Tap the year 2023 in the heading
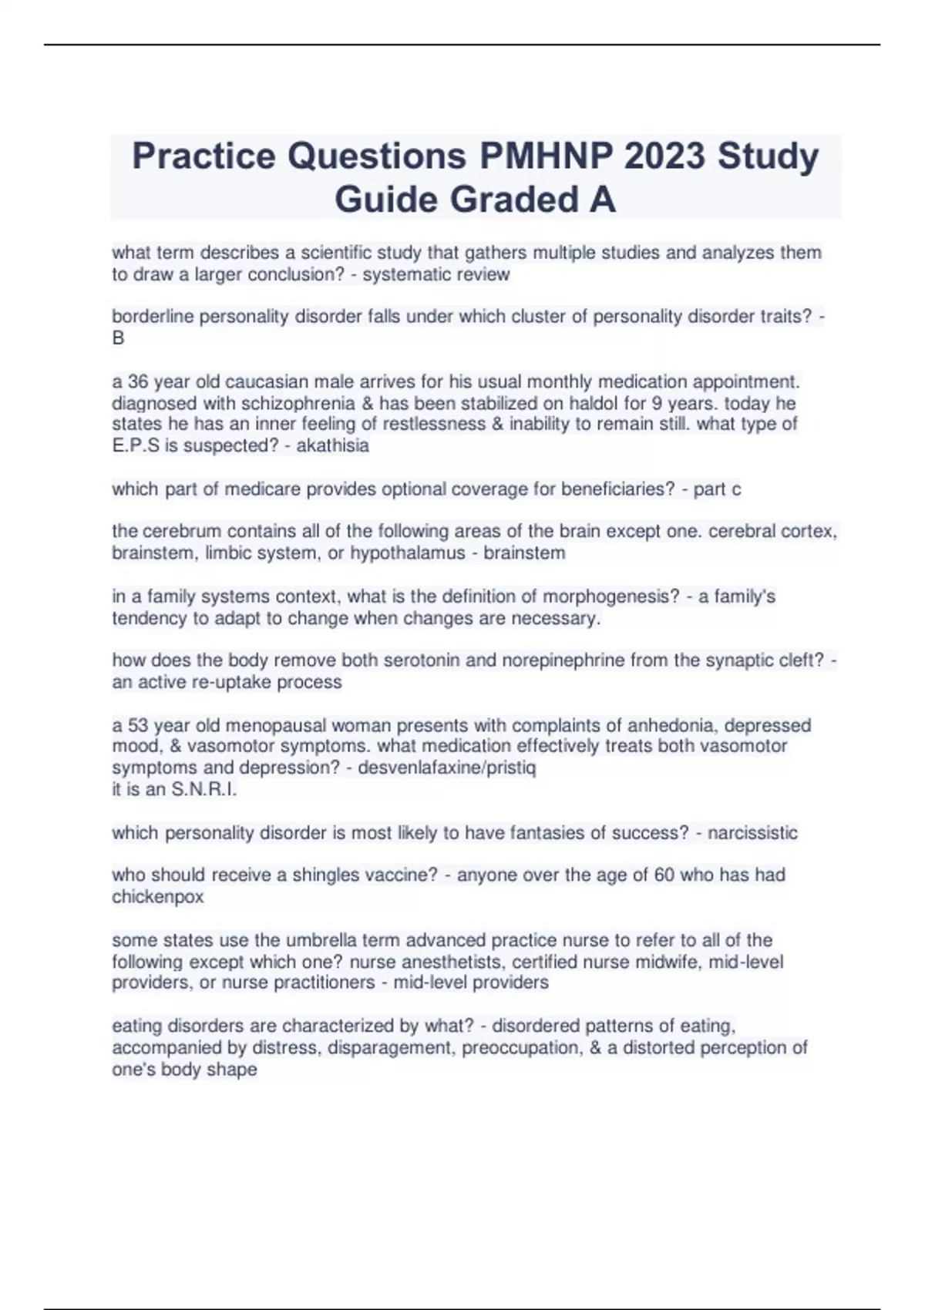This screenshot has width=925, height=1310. [664, 156]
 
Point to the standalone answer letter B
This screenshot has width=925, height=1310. [118, 338]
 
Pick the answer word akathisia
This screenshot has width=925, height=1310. [333, 445]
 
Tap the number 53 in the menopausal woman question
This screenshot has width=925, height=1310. [138, 726]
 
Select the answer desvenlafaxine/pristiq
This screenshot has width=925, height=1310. [447, 768]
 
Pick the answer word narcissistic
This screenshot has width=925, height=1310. [752, 833]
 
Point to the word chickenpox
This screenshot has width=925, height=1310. [158, 897]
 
